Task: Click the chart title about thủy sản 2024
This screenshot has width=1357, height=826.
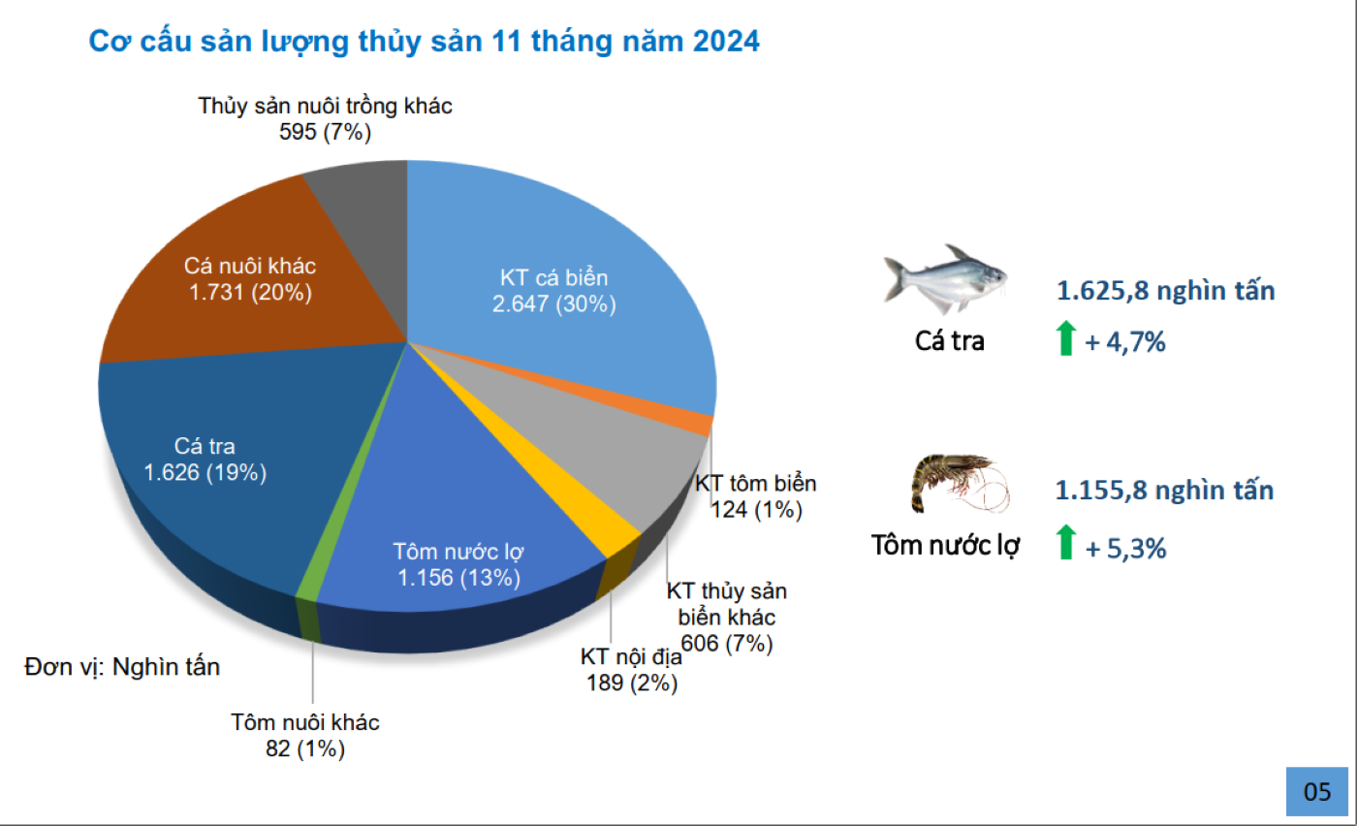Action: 425,42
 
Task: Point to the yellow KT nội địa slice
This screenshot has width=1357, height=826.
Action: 620,543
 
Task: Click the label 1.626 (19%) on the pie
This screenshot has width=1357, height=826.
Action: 205,472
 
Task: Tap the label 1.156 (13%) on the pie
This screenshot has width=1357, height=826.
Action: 458,578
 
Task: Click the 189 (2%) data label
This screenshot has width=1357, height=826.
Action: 632,683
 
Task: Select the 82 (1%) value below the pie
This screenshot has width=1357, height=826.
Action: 305,747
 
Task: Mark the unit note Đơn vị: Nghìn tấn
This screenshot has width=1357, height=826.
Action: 123,667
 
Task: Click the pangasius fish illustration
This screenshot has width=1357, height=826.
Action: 945,278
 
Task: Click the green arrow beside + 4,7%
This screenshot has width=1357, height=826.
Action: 1066,339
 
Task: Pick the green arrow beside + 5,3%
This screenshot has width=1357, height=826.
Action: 1066,543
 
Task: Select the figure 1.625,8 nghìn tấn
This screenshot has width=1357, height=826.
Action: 1165,290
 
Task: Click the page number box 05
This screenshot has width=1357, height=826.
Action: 1316,791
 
